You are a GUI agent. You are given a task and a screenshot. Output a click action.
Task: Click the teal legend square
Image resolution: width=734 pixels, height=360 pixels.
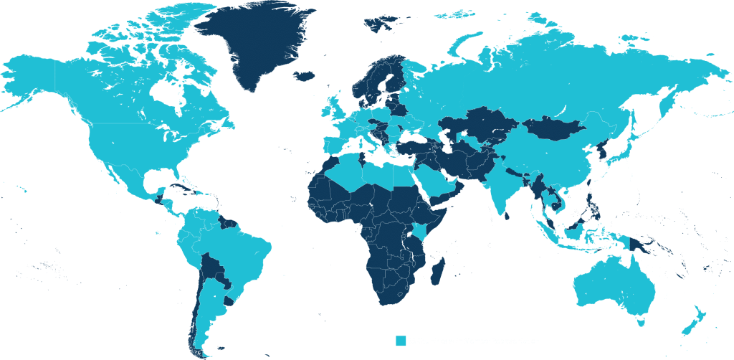point(401,341)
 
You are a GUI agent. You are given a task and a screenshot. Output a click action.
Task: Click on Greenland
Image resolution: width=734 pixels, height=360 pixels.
point(258,43)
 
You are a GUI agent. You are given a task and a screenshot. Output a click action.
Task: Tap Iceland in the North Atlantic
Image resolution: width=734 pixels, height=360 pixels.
point(305,75)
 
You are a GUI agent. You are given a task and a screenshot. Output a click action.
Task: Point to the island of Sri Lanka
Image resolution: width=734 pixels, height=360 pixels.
point(507,214)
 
